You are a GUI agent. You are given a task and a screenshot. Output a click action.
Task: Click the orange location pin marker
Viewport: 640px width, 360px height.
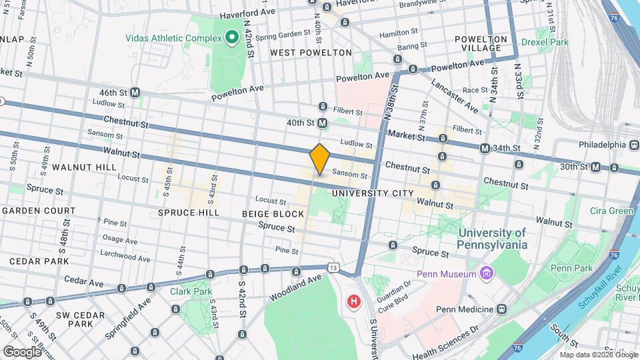(x=320, y=159)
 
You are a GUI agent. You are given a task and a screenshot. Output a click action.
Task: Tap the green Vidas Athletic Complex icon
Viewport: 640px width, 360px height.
(x=232, y=37)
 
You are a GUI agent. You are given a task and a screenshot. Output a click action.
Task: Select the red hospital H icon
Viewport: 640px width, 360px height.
(x=353, y=302)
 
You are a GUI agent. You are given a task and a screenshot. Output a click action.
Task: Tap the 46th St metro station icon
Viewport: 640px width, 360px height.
(x=135, y=93)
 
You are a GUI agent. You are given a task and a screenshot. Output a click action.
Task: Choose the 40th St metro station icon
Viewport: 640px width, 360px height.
(x=323, y=123)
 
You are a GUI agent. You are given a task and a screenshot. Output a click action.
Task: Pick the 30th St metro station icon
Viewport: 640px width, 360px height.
(x=595, y=167)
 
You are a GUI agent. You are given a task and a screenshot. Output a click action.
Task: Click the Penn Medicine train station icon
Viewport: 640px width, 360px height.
(x=501, y=309)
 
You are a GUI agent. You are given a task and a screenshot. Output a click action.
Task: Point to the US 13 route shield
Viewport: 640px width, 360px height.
(x=333, y=267)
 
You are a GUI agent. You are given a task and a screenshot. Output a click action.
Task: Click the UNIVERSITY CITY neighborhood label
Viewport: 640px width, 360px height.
(x=369, y=193)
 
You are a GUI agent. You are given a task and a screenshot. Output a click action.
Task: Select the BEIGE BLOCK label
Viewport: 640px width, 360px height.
(x=279, y=214)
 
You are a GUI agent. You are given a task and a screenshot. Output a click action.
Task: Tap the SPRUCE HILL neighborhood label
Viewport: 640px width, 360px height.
(x=189, y=213)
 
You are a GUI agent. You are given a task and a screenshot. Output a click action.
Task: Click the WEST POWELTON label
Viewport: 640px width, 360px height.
(x=311, y=52)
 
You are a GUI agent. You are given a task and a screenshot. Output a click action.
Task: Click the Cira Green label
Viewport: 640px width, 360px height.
(x=611, y=211)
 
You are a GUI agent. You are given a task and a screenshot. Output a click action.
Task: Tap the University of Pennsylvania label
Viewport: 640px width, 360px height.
(x=492, y=239)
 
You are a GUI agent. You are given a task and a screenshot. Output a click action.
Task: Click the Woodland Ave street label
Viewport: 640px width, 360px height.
(x=295, y=289)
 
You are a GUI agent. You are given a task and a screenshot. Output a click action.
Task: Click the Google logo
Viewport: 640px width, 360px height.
(x=22, y=351)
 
